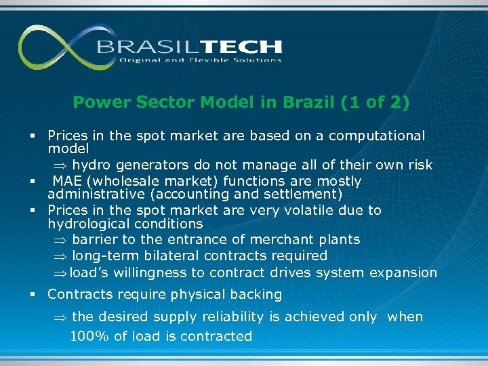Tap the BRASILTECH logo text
coord(189,47)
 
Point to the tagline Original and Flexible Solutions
coord(201,60)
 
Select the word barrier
coord(95,239)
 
